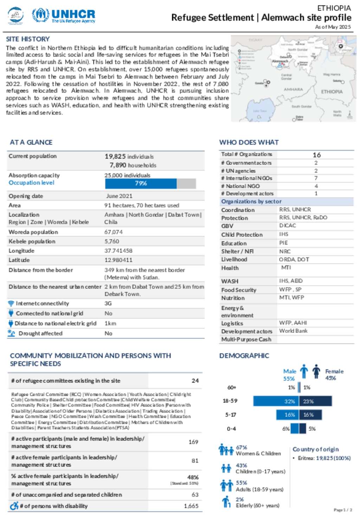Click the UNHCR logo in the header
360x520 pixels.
point(64,15)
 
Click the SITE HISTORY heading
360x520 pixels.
point(28,39)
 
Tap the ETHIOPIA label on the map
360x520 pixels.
point(332,92)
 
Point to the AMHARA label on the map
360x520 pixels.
point(293,90)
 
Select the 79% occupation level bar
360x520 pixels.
point(141,184)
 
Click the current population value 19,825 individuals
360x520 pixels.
point(129,156)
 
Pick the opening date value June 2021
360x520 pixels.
point(119,196)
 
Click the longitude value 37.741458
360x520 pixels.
point(118,251)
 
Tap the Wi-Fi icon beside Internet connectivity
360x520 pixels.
point(11,303)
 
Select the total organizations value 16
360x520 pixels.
point(316,155)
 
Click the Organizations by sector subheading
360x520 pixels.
point(251,201)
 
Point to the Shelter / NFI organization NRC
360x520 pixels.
point(285,251)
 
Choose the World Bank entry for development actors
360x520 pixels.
point(293,331)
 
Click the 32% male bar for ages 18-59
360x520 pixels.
point(276,401)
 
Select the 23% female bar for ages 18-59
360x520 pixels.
point(315,401)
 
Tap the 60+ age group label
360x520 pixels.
point(232,387)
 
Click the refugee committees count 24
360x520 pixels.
point(195,381)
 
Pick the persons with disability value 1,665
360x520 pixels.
point(191,506)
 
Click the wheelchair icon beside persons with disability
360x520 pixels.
point(14,506)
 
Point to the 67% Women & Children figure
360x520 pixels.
point(242,448)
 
